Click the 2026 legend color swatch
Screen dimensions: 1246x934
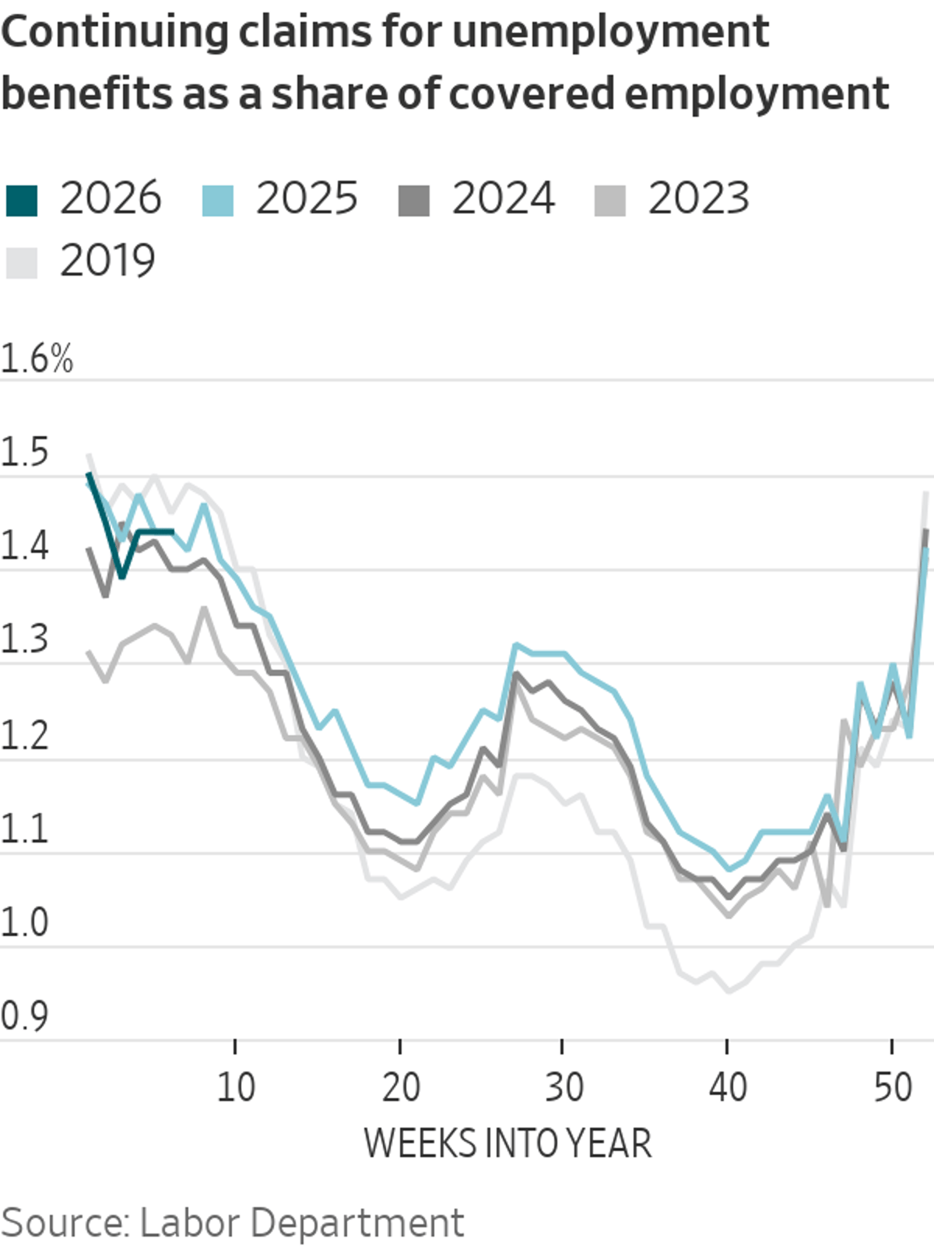(21, 200)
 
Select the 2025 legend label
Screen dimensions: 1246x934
(307, 199)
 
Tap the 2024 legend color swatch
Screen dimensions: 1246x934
(413, 200)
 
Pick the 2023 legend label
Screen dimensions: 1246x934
(698, 199)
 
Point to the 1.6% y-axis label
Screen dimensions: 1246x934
(37, 360)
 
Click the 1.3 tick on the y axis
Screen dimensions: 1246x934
(24, 639)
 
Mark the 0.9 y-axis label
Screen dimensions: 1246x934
(24, 1015)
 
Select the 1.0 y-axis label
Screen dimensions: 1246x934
(24, 922)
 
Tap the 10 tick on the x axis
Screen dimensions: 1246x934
(235, 1086)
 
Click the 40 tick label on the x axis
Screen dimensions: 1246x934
(727, 1086)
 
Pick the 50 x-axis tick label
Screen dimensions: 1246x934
(892, 1086)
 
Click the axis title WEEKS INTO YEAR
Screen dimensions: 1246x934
(507, 1143)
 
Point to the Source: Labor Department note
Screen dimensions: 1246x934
(232, 1223)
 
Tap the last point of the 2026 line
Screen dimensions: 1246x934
(172, 532)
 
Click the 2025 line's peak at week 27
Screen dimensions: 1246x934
(515, 645)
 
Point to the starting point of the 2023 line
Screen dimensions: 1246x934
(89, 652)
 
